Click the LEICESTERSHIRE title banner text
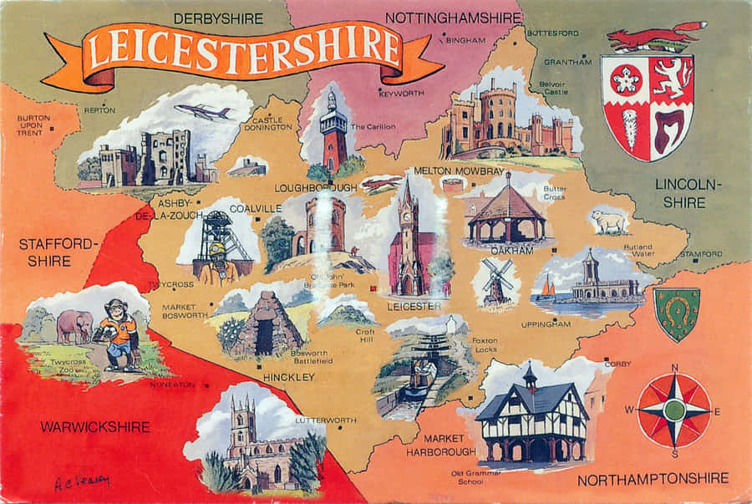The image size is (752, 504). (x=242, y=48)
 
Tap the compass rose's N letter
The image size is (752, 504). (x=674, y=367)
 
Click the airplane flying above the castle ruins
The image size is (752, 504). (x=204, y=111)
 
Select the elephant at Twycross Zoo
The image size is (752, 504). (x=75, y=326)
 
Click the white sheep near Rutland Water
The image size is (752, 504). (x=609, y=221)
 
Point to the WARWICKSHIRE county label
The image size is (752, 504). (x=95, y=427)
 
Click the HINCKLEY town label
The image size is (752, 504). (x=289, y=378)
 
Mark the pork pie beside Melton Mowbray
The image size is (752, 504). (x=453, y=185)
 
